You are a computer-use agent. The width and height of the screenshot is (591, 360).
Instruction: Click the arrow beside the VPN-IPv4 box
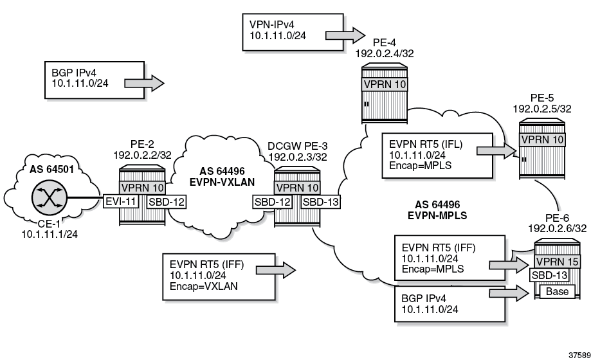(346, 33)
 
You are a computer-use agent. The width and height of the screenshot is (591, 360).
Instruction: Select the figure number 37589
(575, 354)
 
